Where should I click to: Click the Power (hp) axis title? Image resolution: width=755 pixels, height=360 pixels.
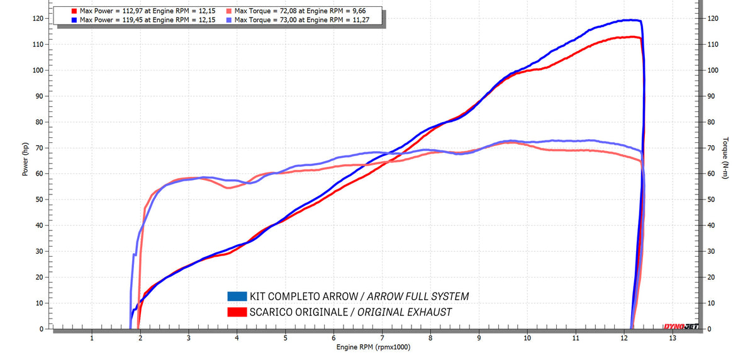(26, 160)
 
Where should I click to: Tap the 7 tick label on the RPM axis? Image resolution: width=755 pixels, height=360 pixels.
(382, 338)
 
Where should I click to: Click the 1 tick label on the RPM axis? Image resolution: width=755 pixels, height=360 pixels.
(92, 338)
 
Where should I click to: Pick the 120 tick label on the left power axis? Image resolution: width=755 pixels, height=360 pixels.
(38, 18)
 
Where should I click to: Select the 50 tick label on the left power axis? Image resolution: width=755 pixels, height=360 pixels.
(40, 200)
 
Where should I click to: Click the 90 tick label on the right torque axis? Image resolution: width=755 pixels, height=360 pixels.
(713, 96)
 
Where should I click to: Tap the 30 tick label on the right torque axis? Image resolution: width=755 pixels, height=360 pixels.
(713, 251)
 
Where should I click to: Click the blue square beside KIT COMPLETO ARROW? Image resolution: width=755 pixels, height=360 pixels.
(237, 296)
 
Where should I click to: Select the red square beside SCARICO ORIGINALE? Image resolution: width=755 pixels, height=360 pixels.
(237, 312)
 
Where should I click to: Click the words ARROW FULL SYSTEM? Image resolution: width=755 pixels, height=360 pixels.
(418, 296)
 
